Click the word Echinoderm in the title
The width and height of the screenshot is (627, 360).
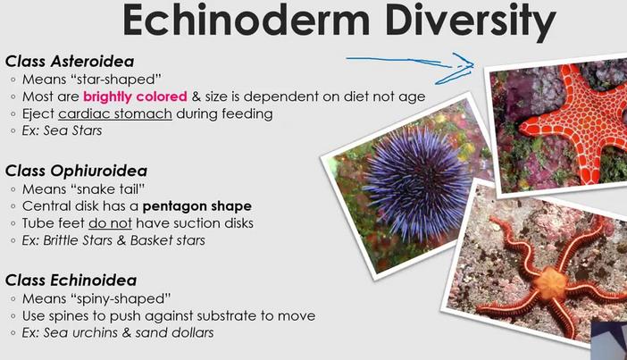point(247,20)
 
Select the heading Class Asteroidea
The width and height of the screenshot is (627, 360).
point(70,62)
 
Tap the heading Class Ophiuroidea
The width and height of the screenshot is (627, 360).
point(76,171)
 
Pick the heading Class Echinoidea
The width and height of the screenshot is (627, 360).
point(71,280)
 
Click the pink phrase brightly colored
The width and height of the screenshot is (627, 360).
point(135,96)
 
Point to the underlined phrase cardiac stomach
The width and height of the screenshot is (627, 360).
point(115,114)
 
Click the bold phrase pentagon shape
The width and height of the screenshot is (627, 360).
point(197,206)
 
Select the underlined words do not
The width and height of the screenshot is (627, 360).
point(110,223)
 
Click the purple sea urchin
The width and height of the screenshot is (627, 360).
point(417,183)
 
